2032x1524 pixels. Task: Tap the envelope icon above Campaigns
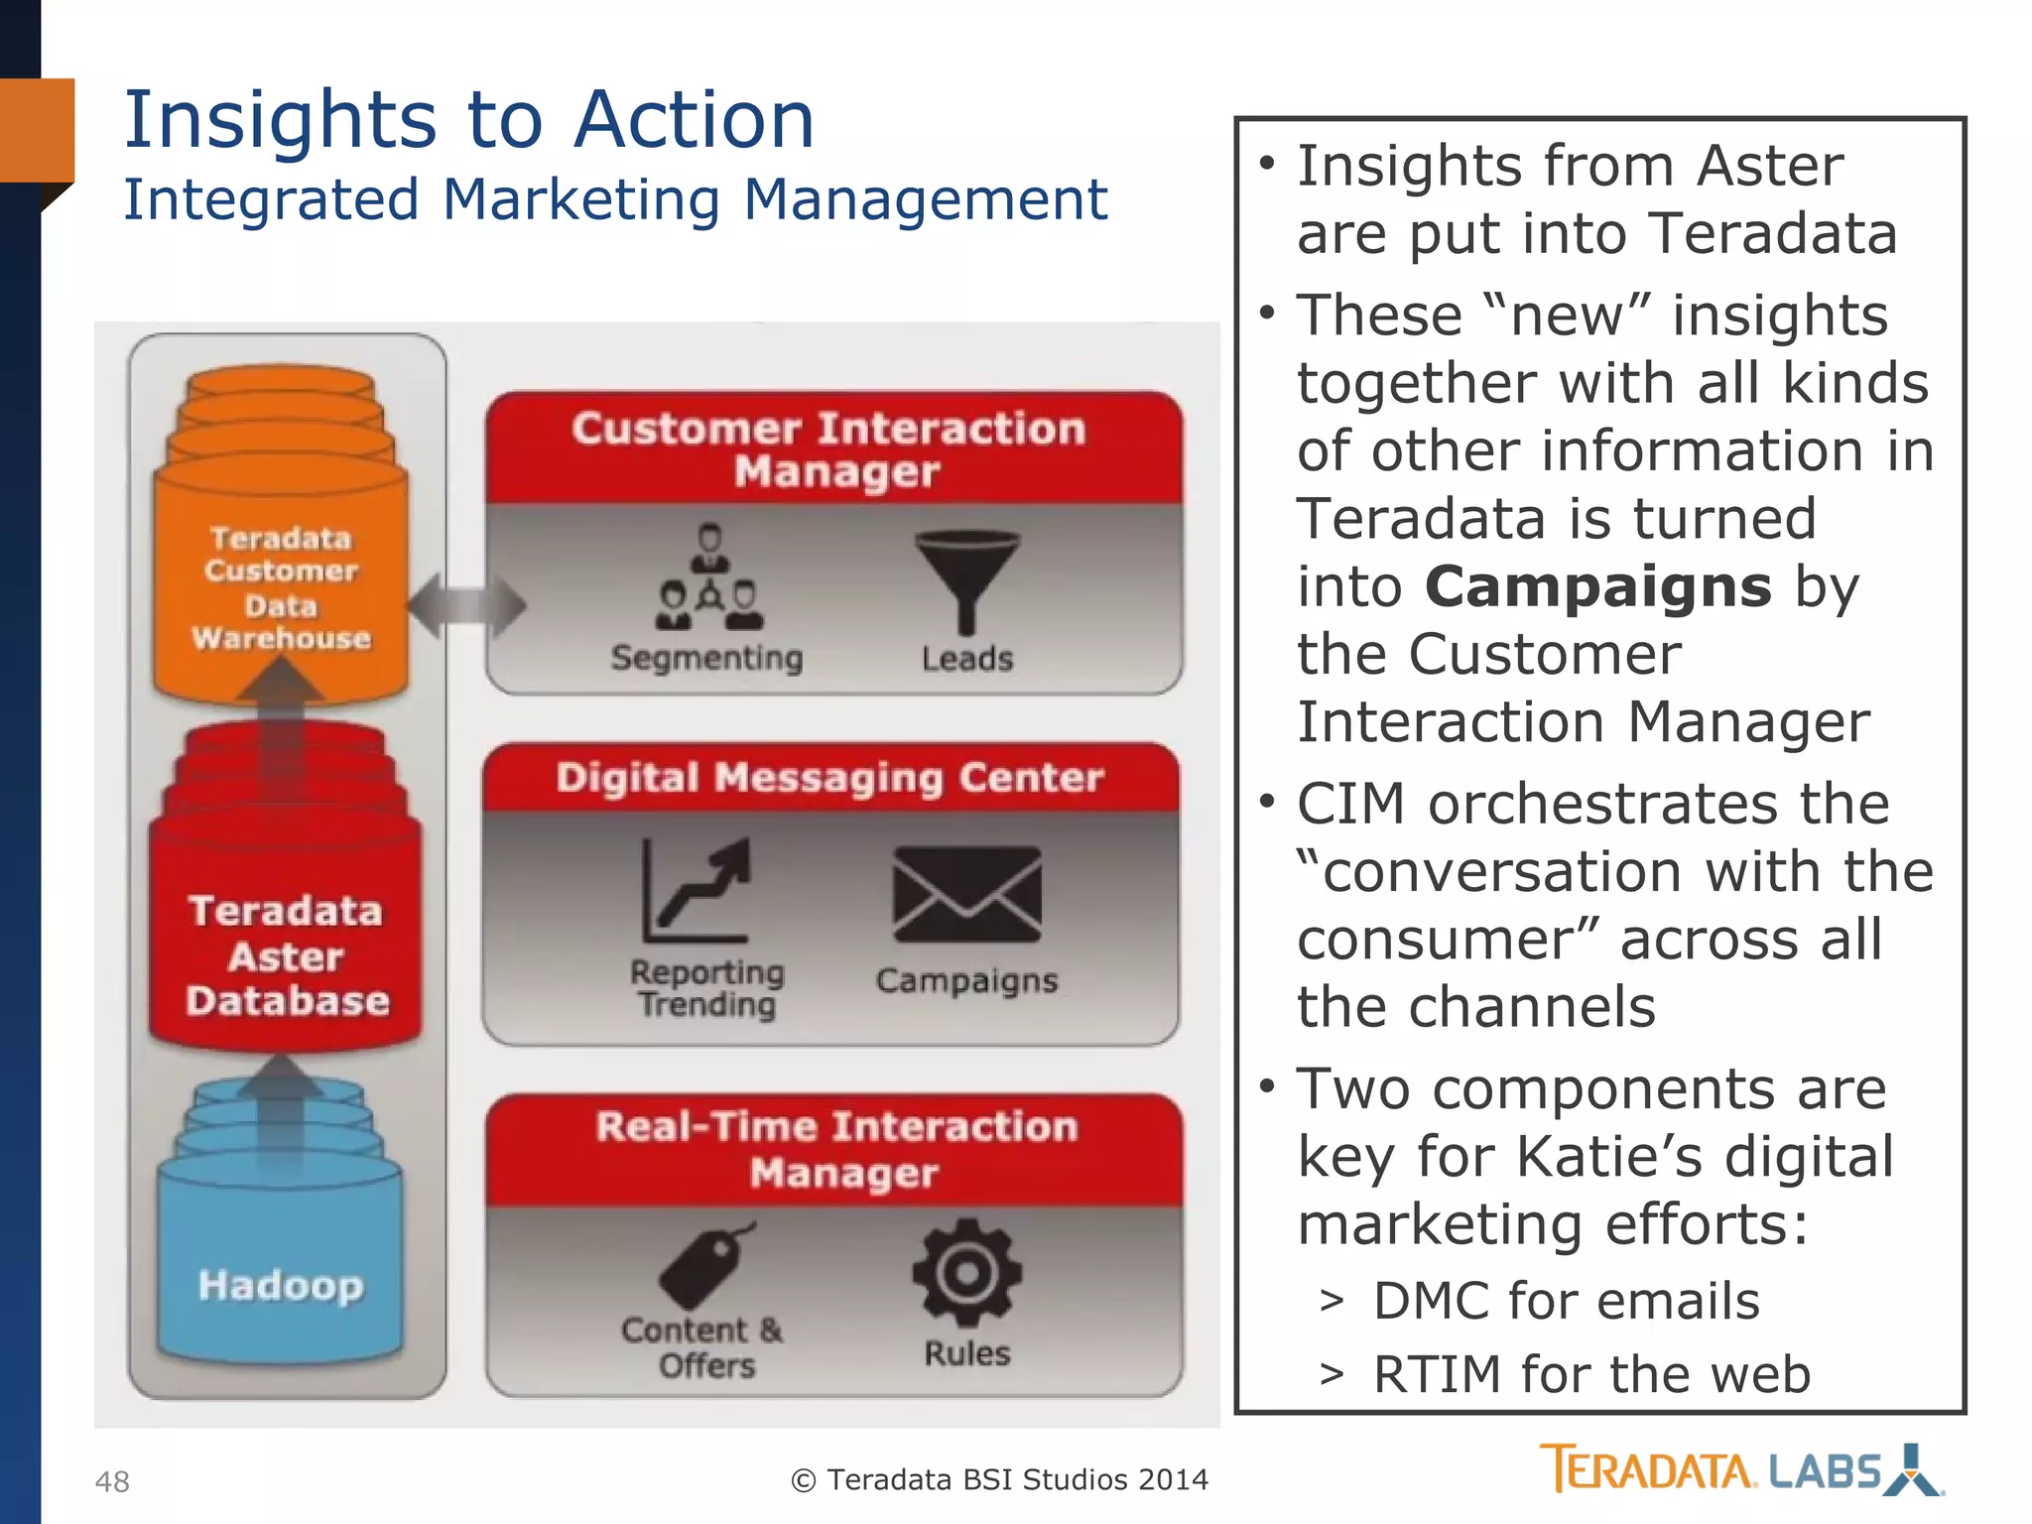966,894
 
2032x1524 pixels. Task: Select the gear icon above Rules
966,1272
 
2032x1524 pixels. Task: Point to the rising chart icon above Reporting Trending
698,890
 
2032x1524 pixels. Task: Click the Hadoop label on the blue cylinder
281,1285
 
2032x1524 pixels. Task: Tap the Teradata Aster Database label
286,955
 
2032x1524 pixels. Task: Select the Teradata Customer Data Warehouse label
282,587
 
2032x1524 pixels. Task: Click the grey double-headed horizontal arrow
466,604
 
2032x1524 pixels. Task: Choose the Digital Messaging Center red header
829,778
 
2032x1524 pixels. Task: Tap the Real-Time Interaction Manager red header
836,1149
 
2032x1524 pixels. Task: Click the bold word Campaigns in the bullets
1597,586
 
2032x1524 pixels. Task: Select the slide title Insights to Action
468,120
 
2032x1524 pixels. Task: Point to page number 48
112,1481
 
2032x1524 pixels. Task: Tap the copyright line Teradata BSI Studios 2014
999,1480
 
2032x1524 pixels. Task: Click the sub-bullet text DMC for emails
1566,1301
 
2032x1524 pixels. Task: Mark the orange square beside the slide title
38,130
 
